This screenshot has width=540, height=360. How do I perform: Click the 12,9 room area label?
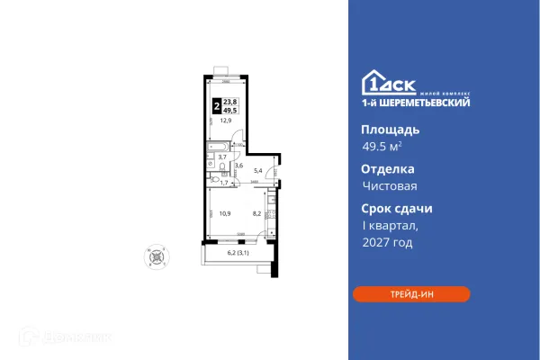[x=215, y=120]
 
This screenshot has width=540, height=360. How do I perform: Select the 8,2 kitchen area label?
[x=256, y=214]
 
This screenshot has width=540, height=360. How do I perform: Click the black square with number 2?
[x=215, y=104]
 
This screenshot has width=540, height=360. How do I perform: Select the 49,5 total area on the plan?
[x=229, y=109]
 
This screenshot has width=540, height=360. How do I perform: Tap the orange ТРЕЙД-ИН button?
[x=411, y=294]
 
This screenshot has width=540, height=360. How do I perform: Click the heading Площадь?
[x=389, y=129]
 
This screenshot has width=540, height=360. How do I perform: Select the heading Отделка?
[x=387, y=168]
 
